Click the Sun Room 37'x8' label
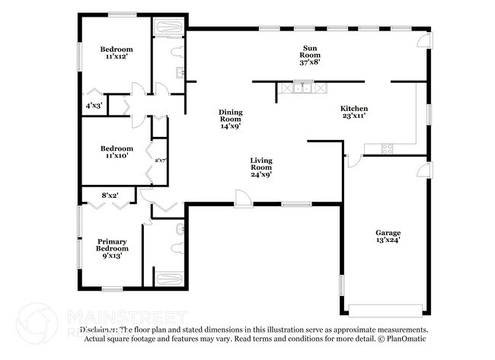click(x=309, y=55)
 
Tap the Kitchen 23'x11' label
click(x=353, y=112)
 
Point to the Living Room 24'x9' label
click(x=261, y=167)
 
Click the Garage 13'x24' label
click(x=387, y=236)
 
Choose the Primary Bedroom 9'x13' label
click(x=111, y=249)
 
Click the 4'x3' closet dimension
click(x=93, y=105)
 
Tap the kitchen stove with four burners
click(x=387, y=148)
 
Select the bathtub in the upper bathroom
click(x=168, y=29)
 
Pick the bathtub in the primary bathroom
click(x=169, y=278)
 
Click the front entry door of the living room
click(x=243, y=199)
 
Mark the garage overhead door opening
click(x=385, y=311)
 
